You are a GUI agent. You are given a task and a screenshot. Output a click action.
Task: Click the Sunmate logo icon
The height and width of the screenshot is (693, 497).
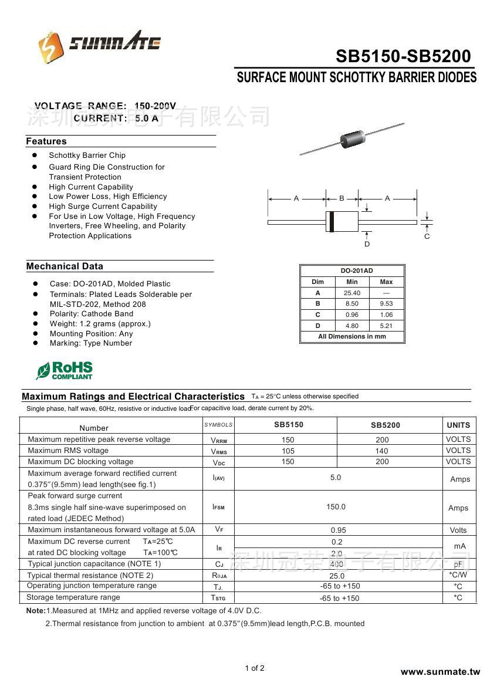coord(51,47)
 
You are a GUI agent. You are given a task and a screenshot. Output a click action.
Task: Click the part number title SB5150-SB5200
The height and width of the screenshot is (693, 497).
coord(403,56)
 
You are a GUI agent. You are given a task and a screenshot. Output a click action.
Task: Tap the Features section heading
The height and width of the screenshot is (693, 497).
coord(46,141)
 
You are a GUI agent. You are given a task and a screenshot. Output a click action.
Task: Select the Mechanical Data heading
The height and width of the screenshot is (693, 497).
coord(65,266)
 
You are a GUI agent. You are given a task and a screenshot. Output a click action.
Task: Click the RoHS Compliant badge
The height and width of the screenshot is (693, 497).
coord(65,370)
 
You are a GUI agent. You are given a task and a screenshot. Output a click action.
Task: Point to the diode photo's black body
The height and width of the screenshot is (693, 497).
coord(352,139)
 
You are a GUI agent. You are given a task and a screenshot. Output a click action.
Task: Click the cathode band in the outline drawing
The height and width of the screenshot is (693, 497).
coord(332,222)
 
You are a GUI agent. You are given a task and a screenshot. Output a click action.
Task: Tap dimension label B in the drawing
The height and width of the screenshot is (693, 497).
coord(342,198)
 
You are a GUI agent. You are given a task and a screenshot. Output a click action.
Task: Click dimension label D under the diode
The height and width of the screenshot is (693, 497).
coord(367,244)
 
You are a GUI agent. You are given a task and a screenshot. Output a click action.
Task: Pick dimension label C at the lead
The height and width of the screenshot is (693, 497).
coord(427,236)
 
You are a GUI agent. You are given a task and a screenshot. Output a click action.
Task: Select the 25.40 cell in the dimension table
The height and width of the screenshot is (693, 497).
coord(352,293)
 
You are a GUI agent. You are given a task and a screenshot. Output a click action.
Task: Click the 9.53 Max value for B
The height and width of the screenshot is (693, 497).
coord(386,304)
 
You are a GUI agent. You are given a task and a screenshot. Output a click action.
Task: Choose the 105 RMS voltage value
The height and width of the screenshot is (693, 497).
coord(288,451)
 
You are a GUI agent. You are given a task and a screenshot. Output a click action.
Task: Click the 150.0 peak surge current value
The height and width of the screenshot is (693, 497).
coord(336,507)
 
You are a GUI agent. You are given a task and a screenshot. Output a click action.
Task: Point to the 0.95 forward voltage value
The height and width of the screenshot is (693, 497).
coord(338,530)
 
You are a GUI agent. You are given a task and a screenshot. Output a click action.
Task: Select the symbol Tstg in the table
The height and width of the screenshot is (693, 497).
coord(218,598)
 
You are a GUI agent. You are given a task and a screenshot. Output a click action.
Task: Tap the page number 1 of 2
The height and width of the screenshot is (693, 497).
coord(255,668)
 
